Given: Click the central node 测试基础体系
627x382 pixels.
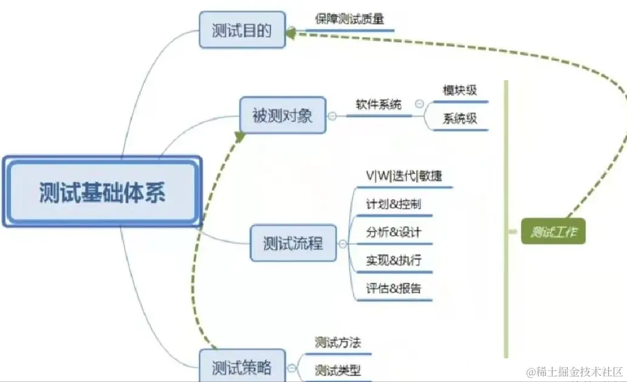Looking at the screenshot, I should (x=102, y=192).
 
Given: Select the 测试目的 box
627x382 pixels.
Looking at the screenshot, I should (x=242, y=30).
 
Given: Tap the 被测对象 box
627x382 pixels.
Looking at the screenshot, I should (x=283, y=115).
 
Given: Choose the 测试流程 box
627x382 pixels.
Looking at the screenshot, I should (x=293, y=244).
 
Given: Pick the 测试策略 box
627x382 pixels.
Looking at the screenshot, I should (x=242, y=367).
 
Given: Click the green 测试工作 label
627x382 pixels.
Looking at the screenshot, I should (x=553, y=232).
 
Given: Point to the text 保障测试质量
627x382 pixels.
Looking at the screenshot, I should (x=349, y=19).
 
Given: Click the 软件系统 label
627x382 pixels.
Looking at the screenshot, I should (x=379, y=104).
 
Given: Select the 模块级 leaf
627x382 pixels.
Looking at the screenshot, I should (x=460, y=90).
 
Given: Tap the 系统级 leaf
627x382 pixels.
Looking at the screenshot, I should (x=460, y=119).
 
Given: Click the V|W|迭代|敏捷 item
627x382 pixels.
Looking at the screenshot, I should (x=403, y=176).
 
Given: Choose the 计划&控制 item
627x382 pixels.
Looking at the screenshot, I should (x=393, y=204).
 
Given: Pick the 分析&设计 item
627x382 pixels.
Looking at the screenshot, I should (x=393, y=232).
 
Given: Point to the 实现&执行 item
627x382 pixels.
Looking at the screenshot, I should (x=393, y=261).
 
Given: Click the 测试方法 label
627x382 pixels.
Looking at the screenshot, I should (x=338, y=343).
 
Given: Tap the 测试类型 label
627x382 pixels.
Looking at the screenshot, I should (x=338, y=369).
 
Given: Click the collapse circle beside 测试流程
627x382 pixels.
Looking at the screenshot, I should (x=343, y=244).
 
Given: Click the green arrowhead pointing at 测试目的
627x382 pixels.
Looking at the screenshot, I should (x=290, y=33).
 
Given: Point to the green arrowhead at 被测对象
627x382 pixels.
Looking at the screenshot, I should (x=239, y=137).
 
